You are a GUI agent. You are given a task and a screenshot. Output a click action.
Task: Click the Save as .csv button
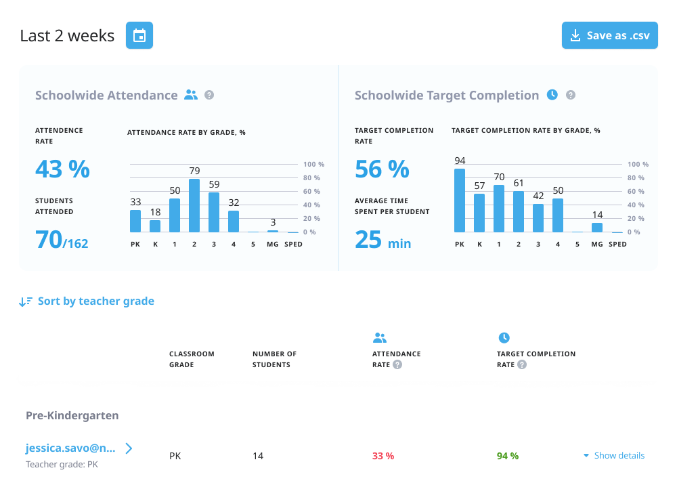click(609, 35)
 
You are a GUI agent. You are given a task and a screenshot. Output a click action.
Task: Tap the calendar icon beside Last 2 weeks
click(139, 35)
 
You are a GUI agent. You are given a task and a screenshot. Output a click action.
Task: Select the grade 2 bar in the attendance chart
click(194, 205)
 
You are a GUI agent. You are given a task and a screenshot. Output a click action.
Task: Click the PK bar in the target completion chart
click(460, 201)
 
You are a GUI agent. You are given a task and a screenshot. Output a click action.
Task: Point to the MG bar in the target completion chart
click(597, 228)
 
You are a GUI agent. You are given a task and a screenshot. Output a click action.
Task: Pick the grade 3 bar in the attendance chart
click(214, 212)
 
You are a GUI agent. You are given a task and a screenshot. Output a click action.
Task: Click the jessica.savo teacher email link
click(71, 448)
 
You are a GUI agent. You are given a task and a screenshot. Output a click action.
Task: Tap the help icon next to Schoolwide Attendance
click(209, 96)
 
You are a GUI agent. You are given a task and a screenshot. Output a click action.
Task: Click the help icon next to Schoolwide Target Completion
click(571, 96)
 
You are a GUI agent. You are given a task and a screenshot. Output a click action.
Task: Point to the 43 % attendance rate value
click(62, 169)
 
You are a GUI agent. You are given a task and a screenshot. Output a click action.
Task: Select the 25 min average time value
click(383, 240)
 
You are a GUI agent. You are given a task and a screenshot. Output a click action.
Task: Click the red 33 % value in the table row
click(383, 456)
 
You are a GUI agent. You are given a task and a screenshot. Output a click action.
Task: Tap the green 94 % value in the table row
click(508, 456)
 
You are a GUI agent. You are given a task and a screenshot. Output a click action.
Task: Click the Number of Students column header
click(274, 359)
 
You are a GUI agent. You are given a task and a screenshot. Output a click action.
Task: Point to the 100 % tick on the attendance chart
click(313, 165)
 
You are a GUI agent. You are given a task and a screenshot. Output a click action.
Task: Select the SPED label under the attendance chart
click(293, 244)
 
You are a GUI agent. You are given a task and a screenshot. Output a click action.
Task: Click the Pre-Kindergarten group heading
click(72, 415)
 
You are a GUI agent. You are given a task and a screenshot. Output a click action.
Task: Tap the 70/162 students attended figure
click(62, 240)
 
